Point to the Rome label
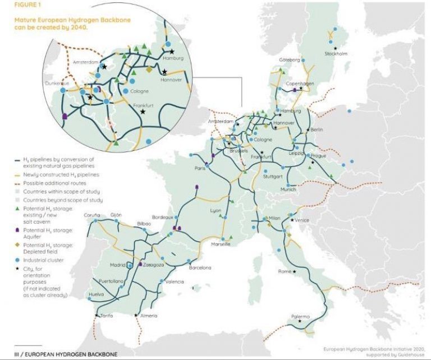pos(286,272)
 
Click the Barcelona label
pos(200,268)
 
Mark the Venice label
pos(301,220)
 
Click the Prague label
pos(318,156)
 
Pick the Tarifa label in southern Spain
pos(107,316)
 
